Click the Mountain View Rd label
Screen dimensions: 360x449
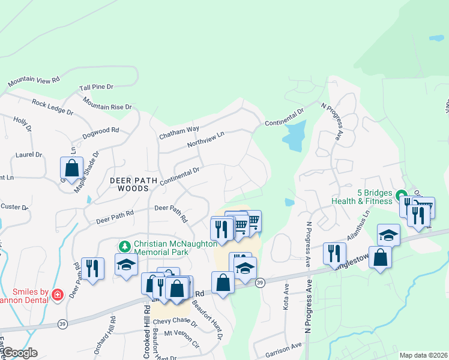coord(34,80)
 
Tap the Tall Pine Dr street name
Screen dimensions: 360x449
coord(96,88)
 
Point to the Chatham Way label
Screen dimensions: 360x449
coord(179,133)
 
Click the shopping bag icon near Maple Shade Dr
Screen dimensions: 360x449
coord(72,169)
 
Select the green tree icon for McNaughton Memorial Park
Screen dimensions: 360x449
coord(124,246)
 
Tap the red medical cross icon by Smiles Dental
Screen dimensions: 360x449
coord(57,294)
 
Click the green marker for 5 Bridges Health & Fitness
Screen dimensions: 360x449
coord(402,195)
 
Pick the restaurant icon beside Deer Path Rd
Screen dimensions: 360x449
coord(92,268)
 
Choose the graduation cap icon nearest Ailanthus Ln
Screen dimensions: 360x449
coord(388,235)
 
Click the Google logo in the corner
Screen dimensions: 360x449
coord(20,353)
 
